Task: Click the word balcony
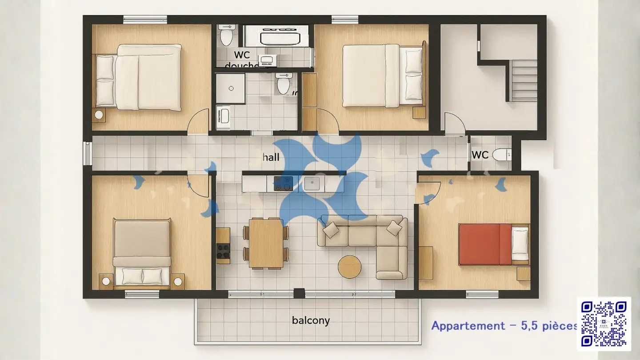(311, 320)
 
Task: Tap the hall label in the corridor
(271, 157)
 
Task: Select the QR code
(604, 324)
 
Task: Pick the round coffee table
(350, 267)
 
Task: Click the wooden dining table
(266, 243)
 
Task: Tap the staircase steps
(524, 80)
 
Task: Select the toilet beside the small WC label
(502, 154)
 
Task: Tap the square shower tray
(231, 88)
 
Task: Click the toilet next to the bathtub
(227, 36)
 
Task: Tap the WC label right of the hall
(480, 155)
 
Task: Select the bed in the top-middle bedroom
(382, 76)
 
